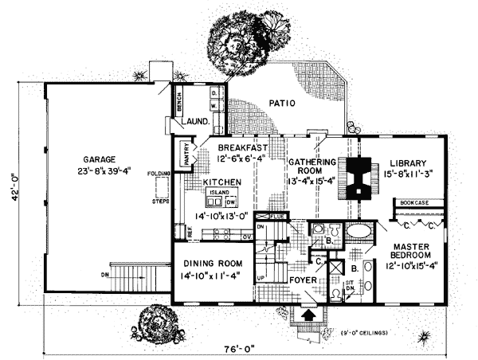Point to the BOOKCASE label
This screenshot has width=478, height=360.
tap(413, 203)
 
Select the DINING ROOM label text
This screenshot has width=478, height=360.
tap(213, 265)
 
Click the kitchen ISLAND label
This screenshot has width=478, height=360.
tap(218, 192)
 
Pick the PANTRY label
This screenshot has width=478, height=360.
tap(184, 153)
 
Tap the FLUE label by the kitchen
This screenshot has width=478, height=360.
tap(277, 216)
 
